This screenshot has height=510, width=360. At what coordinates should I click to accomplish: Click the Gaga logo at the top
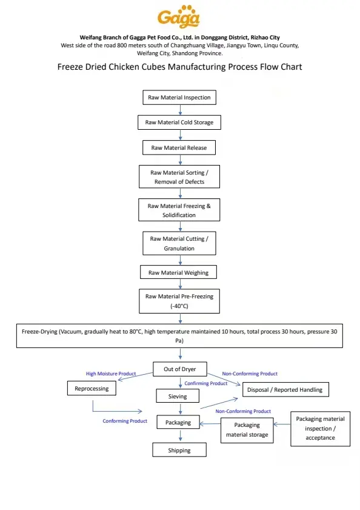click(x=179, y=16)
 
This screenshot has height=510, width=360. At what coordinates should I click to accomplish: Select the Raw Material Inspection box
click(x=179, y=97)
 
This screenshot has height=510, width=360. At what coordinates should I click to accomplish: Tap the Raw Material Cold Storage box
click(x=179, y=122)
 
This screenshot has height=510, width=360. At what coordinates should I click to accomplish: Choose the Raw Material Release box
click(x=179, y=148)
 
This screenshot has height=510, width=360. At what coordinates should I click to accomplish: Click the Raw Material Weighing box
click(x=178, y=272)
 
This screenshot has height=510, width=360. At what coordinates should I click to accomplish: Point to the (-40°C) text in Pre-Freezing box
click(x=179, y=306)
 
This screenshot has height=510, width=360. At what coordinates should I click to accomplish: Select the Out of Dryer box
click(x=180, y=369)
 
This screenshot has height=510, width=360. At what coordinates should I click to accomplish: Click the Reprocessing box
click(x=92, y=388)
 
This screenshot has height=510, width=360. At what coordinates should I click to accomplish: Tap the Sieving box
click(x=178, y=396)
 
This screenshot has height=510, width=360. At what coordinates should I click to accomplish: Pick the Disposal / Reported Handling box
click(x=285, y=390)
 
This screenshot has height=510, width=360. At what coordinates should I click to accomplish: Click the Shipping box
click(x=179, y=450)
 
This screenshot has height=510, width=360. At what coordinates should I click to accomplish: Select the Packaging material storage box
click(x=247, y=430)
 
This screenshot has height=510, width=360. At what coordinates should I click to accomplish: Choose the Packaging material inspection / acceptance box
click(x=321, y=428)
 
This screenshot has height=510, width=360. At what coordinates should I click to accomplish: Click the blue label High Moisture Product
click(x=111, y=374)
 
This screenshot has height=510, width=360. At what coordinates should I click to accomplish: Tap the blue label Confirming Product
click(x=206, y=383)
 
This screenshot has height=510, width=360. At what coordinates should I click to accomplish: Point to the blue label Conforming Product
click(x=125, y=421)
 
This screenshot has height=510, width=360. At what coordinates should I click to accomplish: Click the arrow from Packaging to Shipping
click(x=180, y=435)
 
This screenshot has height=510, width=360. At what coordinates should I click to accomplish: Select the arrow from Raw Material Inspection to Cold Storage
click(x=180, y=110)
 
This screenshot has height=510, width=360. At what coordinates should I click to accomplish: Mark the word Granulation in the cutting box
click(x=179, y=249)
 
